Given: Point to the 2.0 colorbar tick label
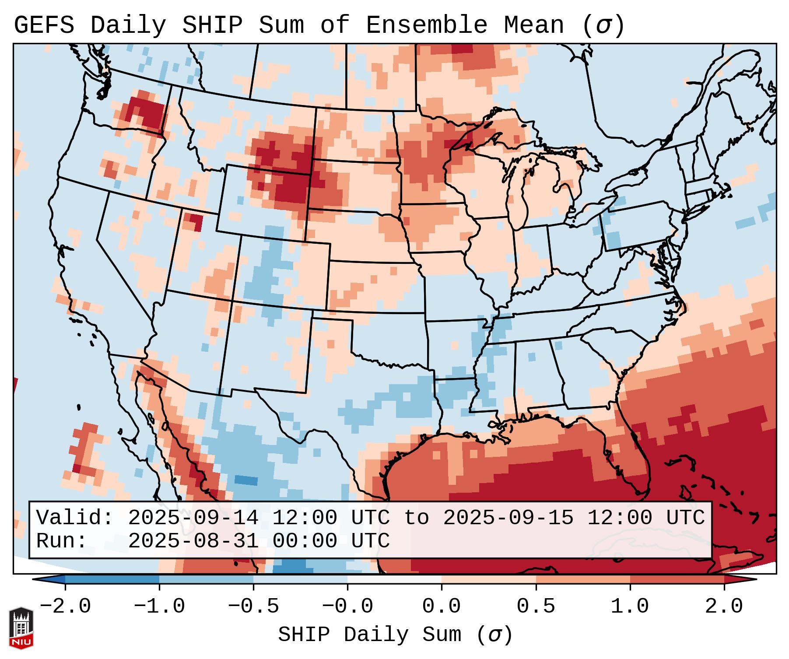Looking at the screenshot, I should [724, 606].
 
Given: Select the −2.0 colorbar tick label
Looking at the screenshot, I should [65, 606].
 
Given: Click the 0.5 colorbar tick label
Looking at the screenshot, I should [536, 606].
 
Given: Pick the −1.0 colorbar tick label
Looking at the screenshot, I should [159, 606].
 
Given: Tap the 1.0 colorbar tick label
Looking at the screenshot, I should [630, 606].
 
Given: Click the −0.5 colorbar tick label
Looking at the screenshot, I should [253, 606].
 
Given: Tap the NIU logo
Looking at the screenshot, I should [21, 628].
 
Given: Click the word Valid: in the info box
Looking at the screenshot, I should [75, 518].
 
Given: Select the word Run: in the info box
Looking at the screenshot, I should [62, 541].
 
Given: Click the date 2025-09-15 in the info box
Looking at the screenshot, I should [508, 518].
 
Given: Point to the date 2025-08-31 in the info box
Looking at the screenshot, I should [193, 541].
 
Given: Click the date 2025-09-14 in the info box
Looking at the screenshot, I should [193, 518].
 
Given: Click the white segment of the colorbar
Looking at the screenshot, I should [394, 579].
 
